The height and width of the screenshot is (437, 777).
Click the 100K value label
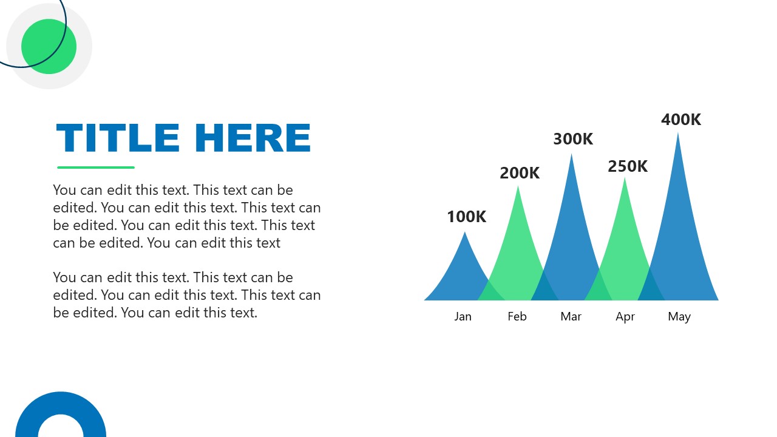[466, 217]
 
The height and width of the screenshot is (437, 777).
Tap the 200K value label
[520, 173]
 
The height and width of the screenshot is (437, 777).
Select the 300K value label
[573, 139]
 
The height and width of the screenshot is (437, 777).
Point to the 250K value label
[628, 166]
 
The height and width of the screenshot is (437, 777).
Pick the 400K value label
[681, 120]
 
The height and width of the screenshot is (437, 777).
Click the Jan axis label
[463, 316]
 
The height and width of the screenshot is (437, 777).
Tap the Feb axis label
[517, 316]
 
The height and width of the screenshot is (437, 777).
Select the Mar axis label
[571, 316]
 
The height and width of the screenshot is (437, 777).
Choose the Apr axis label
[625, 316]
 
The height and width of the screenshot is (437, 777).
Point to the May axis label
[679, 316]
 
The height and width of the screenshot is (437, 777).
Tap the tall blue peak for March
[571, 231]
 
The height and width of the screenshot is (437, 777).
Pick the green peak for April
[625, 243]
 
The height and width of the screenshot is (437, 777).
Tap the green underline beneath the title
[96, 168]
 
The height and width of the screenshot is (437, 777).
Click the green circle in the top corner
[49, 46]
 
